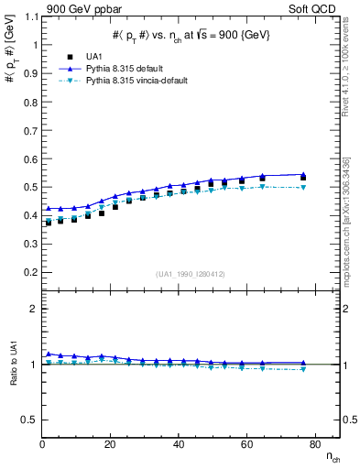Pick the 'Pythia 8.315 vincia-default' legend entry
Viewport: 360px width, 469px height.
click(136, 81)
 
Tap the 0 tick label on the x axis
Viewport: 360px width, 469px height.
click(42, 444)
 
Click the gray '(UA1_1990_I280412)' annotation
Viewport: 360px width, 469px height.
click(191, 274)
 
